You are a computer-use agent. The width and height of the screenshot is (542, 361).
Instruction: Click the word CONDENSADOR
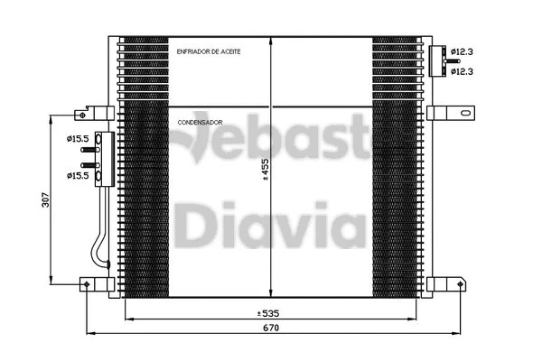click(201, 120)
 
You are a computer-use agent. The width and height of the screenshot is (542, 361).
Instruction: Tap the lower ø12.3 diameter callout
click(464, 69)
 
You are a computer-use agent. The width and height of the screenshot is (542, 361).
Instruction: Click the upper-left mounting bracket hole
click(83, 116)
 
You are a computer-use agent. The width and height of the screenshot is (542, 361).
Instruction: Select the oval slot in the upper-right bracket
click(463, 115)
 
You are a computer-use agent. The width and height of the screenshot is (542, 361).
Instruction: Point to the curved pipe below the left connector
click(101, 244)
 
